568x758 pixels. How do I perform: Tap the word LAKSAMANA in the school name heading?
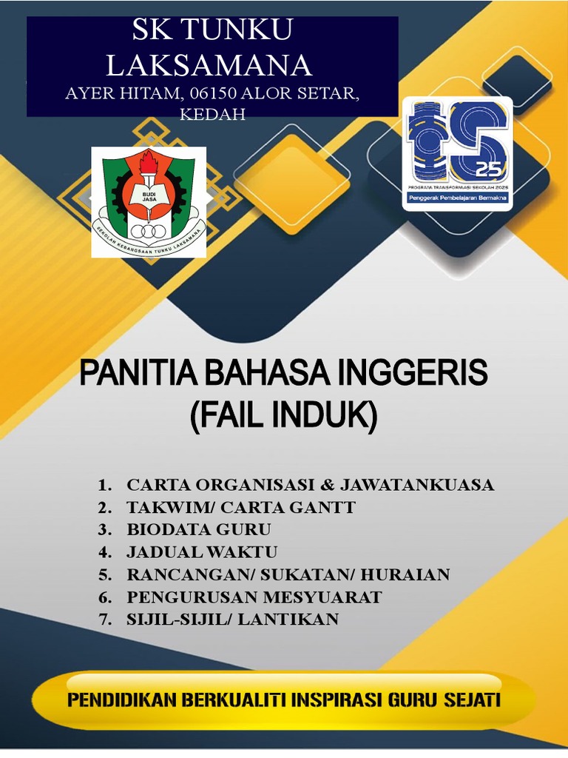click(x=209, y=65)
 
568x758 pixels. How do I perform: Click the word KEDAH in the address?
click(x=213, y=115)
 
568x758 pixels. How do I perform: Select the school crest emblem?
click(x=149, y=201)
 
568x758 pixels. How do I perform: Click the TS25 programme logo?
click(x=458, y=154)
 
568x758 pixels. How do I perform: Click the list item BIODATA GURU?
click(x=199, y=530)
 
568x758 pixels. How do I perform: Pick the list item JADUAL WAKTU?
click(x=201, y=552)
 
